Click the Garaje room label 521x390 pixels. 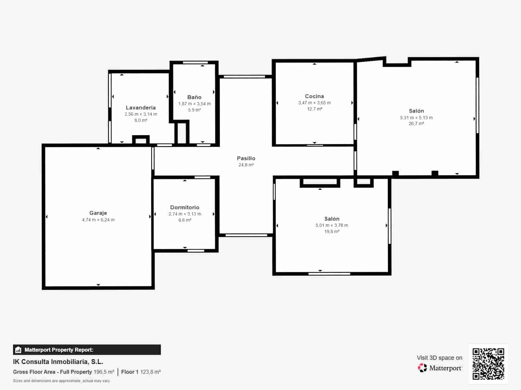click(x=98, y=213)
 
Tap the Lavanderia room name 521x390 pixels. click(x=141, y=108)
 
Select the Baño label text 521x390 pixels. click(x=194, y=97)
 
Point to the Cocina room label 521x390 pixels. click(x=314, y=96)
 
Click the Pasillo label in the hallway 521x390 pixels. click(x=246, y=158)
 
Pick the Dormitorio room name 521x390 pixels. click(x=185, y=207)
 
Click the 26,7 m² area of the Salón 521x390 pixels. click(x=416, y=123)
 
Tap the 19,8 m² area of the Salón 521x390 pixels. click(x=331, y=231)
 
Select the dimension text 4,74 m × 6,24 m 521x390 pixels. click(x=98, y=220)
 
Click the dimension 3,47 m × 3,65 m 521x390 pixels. click(x=315, y=103)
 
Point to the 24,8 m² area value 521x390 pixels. click(x=246, y=165)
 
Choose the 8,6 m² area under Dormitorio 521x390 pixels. click(x=185, y=220)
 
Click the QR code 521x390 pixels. click(x=488, y=363)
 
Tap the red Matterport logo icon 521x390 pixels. click(x=422, y=368)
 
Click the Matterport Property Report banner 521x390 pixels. click(x=87, y=349)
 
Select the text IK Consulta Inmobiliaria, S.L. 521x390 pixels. click(x=58, y=362)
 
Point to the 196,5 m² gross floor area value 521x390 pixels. click(x=104, y=372)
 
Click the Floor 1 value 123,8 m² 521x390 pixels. click(x=150, y=372)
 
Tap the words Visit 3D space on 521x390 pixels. click(x=439, y=358)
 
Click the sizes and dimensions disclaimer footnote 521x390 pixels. click(x=62, y=381)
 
